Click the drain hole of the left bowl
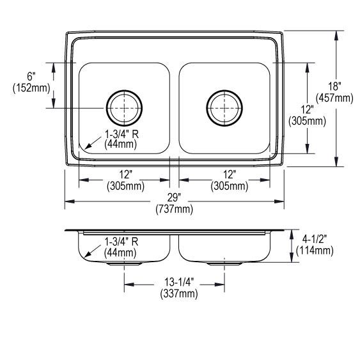click(x=122, y=108)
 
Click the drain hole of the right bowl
click(x=224, y=108)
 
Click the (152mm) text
click(x=31, y=88)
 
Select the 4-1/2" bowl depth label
click(x=314, y=239)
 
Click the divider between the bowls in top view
click(x=174, y=109)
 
